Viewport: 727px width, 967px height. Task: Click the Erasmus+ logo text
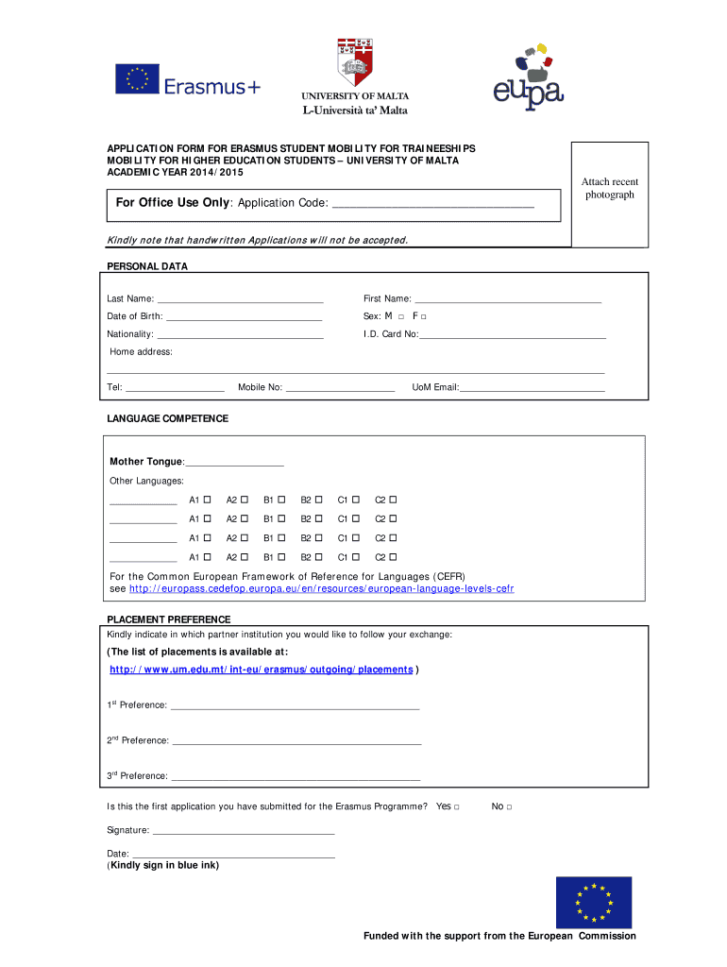211,86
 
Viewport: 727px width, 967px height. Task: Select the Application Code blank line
433,206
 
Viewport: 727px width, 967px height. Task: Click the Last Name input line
241,301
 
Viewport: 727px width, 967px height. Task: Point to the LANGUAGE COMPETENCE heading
167,418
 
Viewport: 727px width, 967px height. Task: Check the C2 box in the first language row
393,500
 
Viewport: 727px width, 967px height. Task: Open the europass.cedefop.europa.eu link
321,588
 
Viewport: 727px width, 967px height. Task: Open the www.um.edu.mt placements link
261,670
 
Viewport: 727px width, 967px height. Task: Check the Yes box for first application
457,807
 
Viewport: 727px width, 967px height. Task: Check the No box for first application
509,807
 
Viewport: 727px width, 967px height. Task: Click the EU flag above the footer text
593,903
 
